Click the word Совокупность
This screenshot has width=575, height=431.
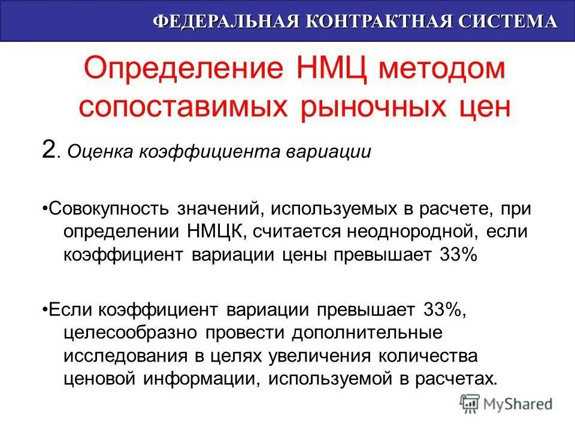click(x=109, y=209)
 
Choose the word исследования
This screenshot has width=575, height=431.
click(x=124, y=356)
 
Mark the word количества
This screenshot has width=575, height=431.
click(x=428, y=356)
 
